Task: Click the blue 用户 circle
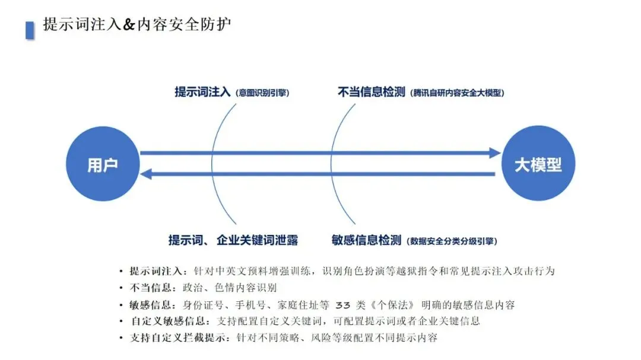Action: tap(101, 165)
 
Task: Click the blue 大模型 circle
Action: tap(538, 165)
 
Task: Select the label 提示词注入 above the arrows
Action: tap(202, 92)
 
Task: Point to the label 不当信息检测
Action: tap(371, 92)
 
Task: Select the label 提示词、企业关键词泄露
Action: tap(233, 240)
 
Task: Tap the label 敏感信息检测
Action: tap(366, 240)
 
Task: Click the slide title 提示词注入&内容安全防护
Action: tap(137, 24)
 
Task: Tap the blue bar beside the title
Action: tap(30, 30)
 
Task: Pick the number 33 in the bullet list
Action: tap(344, 305)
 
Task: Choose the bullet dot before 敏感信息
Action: tap(121, 305)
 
